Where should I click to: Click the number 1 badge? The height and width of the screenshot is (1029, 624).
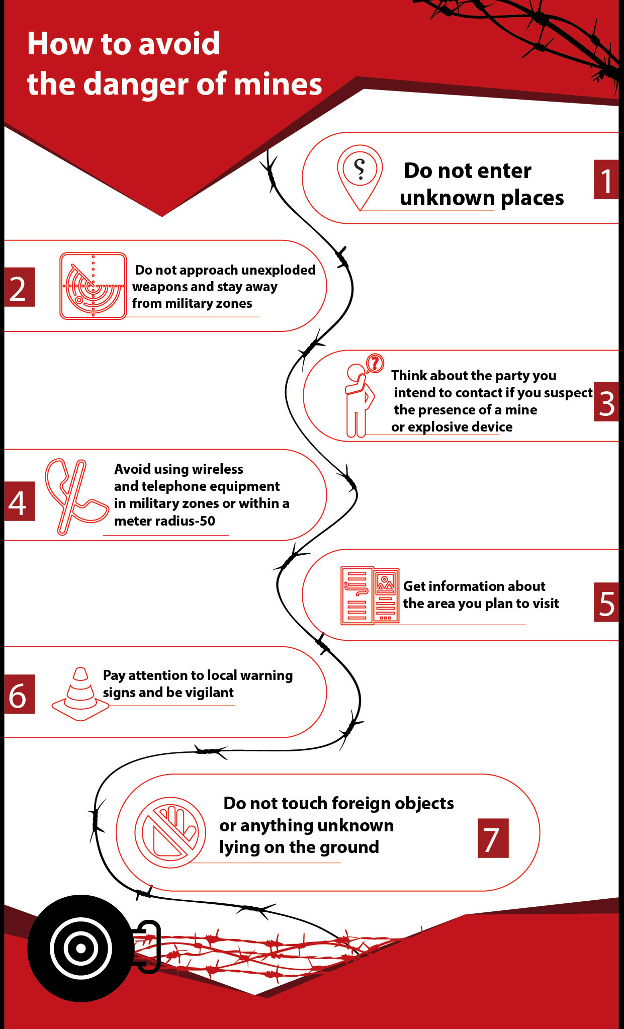[x=606, y=180]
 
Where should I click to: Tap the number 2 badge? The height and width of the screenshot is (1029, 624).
[x=20, y=287]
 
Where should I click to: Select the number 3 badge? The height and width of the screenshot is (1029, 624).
[x=606, y=402]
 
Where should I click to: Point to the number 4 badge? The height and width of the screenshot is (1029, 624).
[x=20, y=501]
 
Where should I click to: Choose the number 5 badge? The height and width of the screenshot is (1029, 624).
[x=606, y=602]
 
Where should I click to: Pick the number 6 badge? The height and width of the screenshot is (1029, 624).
[x=20, y=694]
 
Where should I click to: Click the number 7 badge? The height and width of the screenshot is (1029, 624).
[x=493, y=838]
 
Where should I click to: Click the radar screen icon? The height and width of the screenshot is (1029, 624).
[x=93, y=286]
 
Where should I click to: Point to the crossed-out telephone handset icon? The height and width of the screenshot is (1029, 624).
[x=75, y=496]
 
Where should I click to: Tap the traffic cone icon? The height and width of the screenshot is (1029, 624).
[x=80, y=694]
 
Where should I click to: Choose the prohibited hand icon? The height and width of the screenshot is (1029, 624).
[x=170, y=832]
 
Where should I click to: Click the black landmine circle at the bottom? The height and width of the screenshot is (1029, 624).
[x=80, y=949]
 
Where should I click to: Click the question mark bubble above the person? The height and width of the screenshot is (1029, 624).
[x=375, y=363]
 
